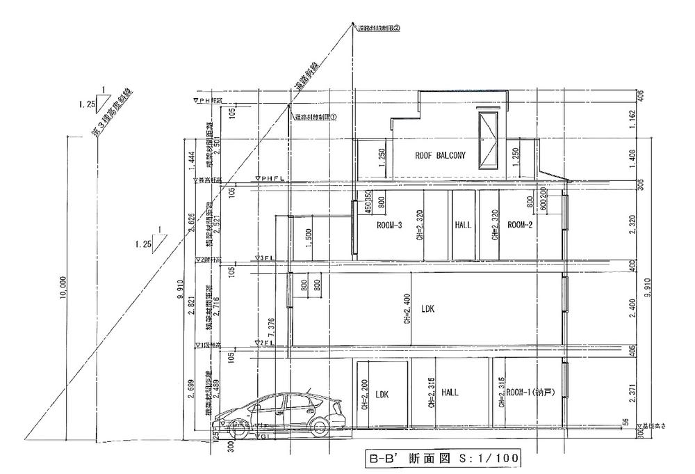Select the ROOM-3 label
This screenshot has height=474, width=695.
pos(390,226)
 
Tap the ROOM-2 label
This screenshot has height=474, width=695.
pos(520,225)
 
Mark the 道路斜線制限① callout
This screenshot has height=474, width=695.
pos(315,118)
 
